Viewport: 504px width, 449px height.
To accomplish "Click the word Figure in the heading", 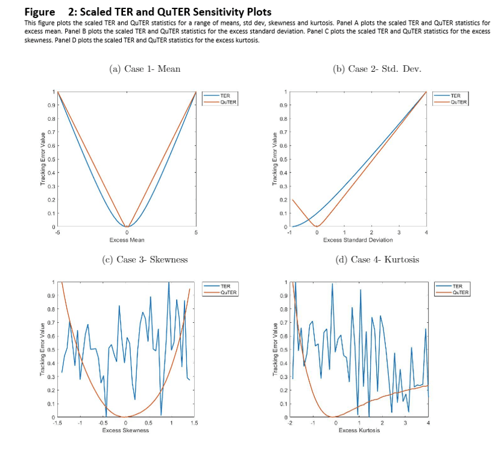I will [40, 12].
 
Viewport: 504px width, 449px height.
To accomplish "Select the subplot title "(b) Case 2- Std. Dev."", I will [377, 69].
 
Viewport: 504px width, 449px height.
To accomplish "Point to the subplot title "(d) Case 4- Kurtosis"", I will [376, 260].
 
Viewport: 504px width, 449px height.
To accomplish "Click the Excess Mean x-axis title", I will [127, 240].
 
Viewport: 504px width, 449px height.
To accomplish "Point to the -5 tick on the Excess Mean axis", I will [57, 232].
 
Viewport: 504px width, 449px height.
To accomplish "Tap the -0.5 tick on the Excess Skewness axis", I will [103, 423].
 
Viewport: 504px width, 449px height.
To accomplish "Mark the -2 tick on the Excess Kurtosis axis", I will [291, 423].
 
